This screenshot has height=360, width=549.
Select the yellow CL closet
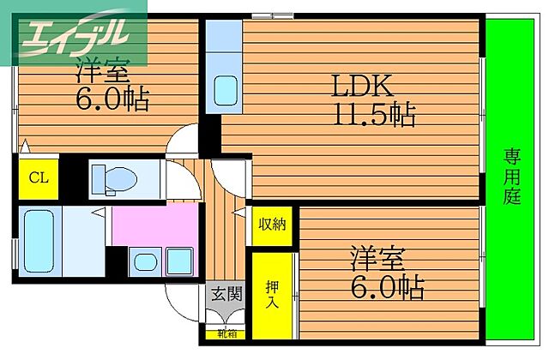pyautogui.click(x=38, y=178)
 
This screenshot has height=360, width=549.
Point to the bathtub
pyautogui.click(x=38, y=241)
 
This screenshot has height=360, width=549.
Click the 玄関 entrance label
pyautogui.click(x=226, y=295)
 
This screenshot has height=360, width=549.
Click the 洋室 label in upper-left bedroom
pyautogui.click(x=102, y=69)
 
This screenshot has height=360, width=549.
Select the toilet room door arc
pyautogui.click(x=181, y=178)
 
